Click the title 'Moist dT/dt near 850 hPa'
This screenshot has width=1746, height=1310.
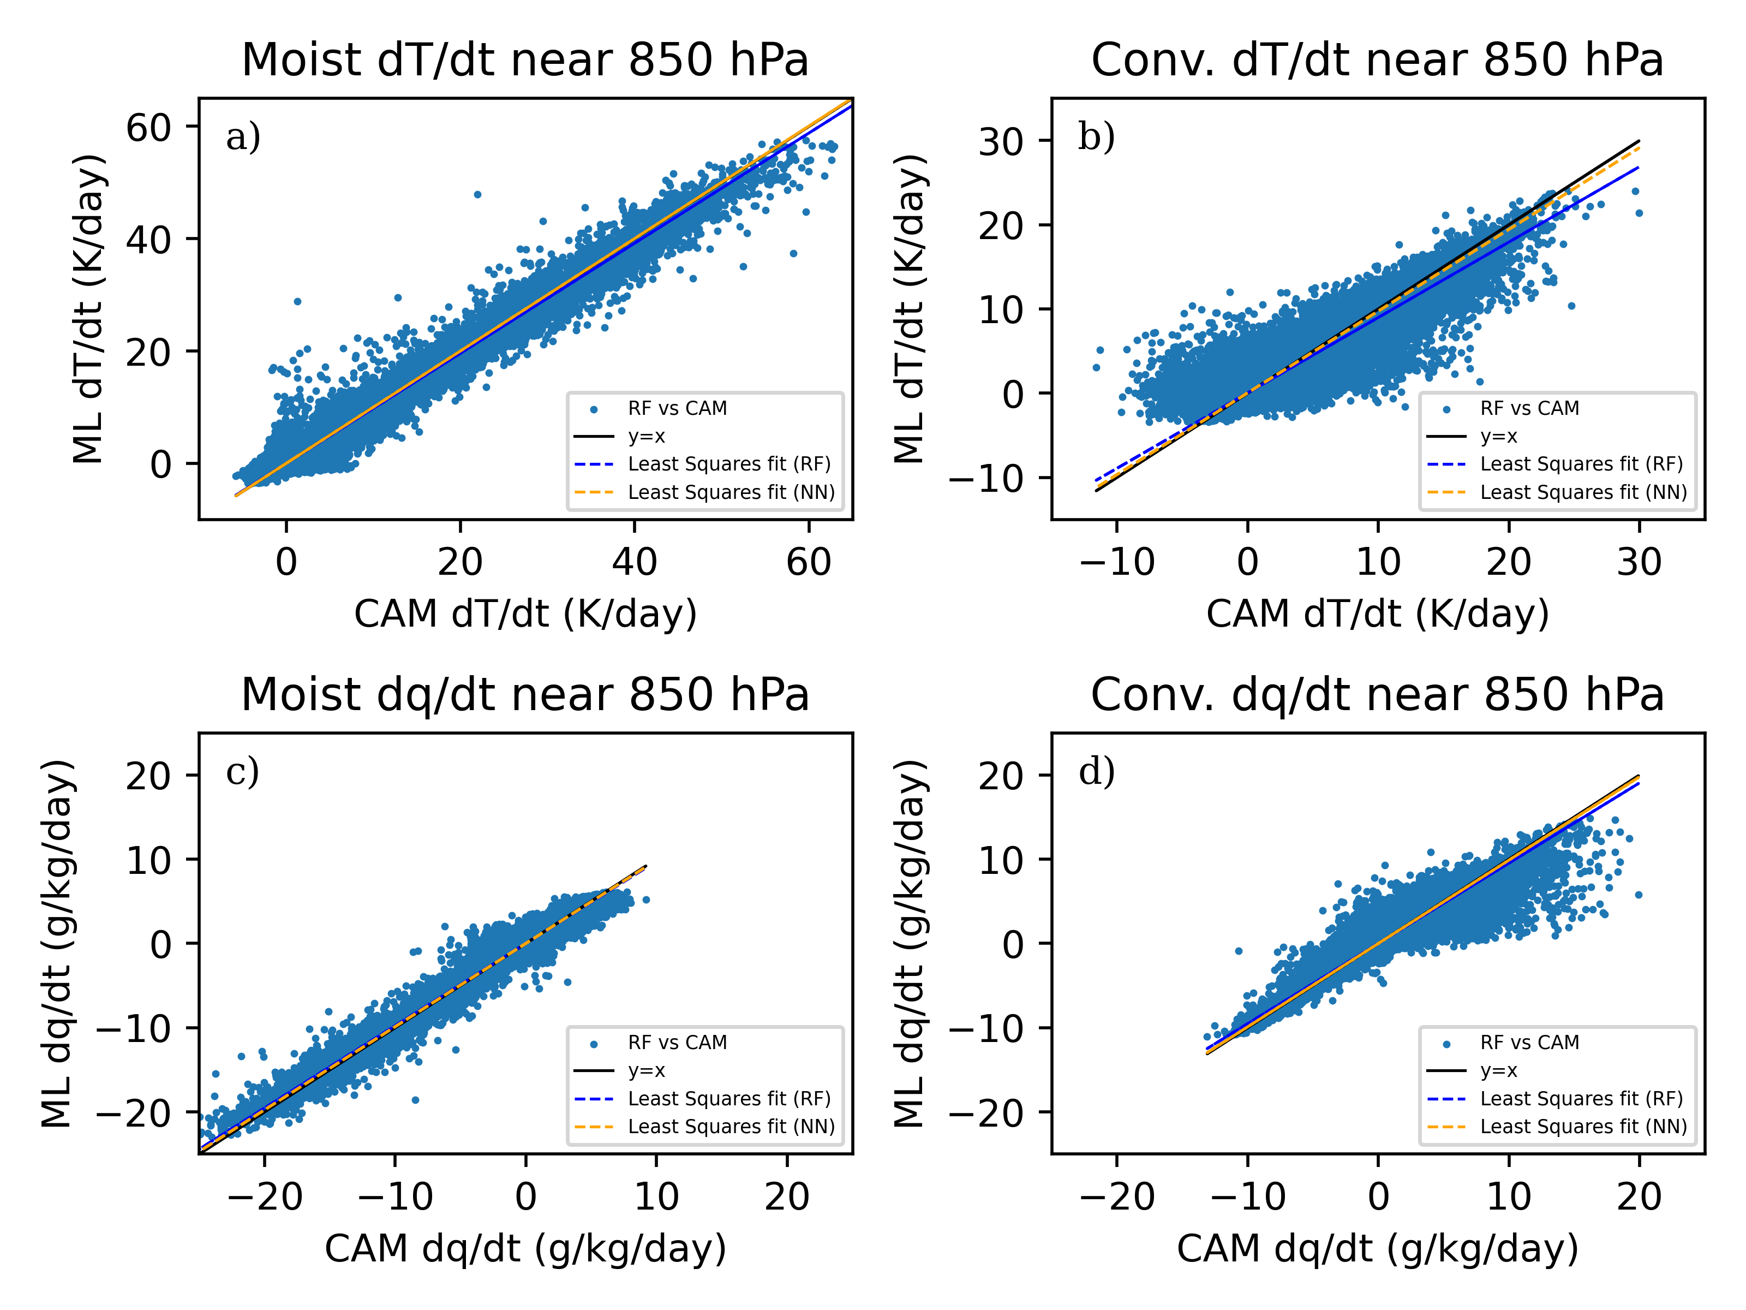525,60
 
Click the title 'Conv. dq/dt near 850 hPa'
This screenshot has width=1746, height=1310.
1377,695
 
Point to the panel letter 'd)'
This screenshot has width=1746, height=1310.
1096,771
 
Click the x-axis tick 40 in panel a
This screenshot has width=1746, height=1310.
635,562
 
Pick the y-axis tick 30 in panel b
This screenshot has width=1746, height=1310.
1001,142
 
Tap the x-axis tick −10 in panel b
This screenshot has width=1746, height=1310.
1116,562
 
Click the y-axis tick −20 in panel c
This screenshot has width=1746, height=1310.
133,1113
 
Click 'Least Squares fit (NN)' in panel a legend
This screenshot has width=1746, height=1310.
731,492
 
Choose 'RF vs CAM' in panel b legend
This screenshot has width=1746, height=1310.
1529,408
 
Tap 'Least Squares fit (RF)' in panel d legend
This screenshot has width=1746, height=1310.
1581,1098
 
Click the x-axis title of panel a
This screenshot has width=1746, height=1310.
525,614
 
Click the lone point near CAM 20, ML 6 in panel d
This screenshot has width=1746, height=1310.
1639,895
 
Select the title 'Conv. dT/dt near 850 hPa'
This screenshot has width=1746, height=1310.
1377,60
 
